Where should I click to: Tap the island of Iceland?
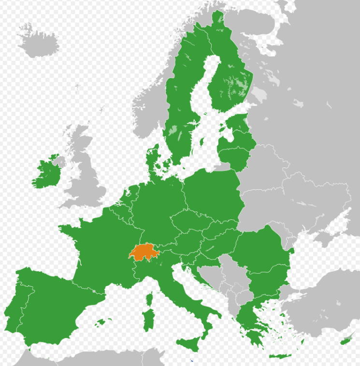39,41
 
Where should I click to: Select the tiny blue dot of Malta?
192,360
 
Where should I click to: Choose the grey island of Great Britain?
87,174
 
